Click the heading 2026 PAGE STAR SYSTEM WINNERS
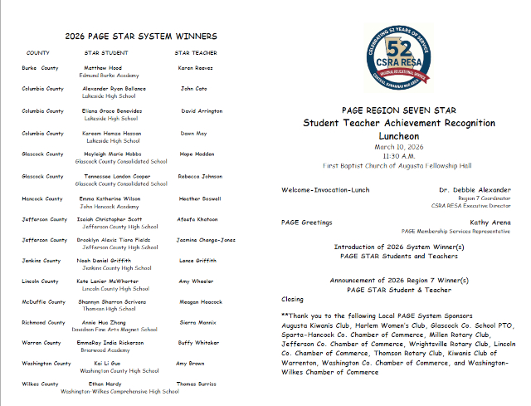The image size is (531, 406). click(141, 37)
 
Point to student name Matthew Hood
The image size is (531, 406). click(103, 68)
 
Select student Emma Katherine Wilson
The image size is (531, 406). click(111, 199)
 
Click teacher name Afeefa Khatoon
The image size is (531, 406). click(198, 220)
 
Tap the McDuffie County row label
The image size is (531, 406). click(44, 301)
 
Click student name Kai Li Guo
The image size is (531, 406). click(109, 364)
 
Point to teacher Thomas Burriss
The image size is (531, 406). click(197, 384)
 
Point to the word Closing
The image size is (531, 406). click(293, 299)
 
